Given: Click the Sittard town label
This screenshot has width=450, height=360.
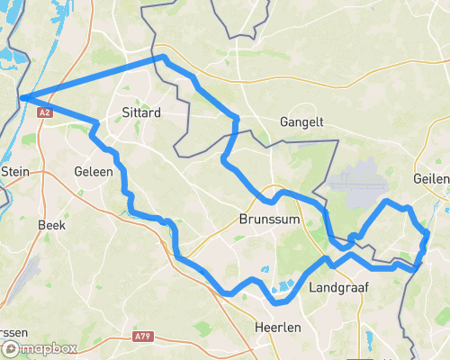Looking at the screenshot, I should (140, 113).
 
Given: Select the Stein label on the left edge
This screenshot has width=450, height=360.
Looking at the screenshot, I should (15, 170).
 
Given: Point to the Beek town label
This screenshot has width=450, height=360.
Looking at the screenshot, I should (51, 225).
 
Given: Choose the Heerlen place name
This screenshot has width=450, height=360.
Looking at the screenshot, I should (277, 328).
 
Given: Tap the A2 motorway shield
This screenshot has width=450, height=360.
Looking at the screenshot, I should (44, 112).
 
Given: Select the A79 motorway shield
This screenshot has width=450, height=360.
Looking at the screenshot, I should (141, 337).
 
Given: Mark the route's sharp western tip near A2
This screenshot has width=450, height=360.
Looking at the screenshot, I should (21, 97).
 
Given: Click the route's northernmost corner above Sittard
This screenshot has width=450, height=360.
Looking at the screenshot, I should (163, 58).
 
